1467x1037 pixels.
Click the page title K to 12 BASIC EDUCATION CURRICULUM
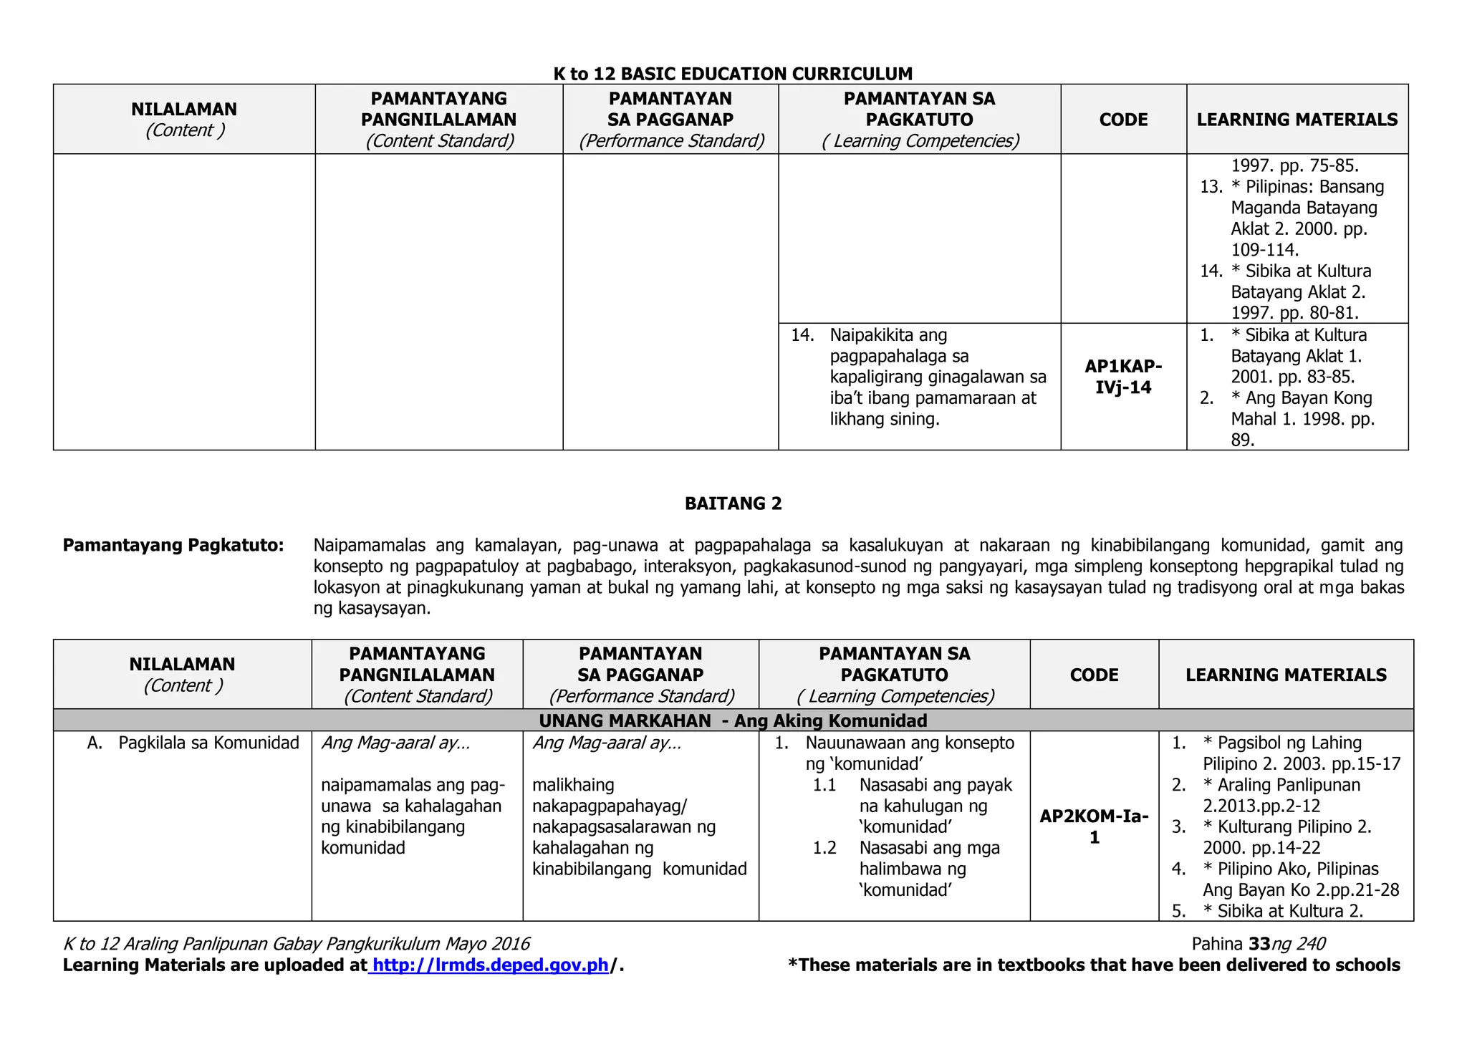[733, 74]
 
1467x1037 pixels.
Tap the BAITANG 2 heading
[733, 503]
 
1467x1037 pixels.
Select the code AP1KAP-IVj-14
[1123, 377]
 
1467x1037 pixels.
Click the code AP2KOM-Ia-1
[1094, 826]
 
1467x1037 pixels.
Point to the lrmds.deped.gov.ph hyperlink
[491, 965]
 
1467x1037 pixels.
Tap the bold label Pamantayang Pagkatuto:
[173, 546]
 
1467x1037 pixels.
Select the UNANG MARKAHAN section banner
[733, 720]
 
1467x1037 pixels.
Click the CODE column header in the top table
[1123, 120]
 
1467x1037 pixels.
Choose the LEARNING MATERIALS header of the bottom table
[1286, 675]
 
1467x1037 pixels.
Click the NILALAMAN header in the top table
[184, 110]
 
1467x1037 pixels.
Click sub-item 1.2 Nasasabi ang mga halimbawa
[929, 869]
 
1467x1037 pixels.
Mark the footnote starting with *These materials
[1093, 965]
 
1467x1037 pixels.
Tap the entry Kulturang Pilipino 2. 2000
[1287, 837]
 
